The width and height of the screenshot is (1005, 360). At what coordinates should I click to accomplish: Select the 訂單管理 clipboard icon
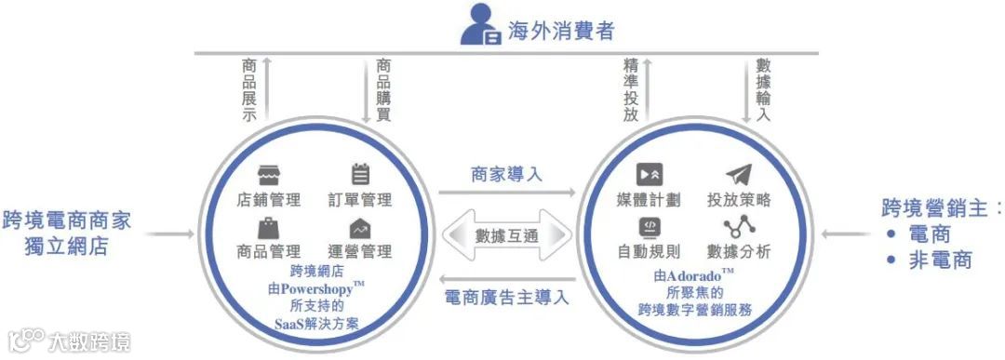(x=360, y=175)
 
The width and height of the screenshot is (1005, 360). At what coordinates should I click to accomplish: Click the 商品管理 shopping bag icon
(x=270, y=227)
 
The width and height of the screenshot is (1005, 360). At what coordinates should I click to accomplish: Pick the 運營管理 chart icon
(x=360, y=228)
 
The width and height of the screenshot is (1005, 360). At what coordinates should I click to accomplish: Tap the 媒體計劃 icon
(x=649, y=175)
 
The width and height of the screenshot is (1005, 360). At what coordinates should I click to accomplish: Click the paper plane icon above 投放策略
(x=738, y=175)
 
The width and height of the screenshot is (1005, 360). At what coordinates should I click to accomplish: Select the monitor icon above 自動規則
(x=649, y=226)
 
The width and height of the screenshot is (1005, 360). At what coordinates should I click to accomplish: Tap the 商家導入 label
(x=506, y=174)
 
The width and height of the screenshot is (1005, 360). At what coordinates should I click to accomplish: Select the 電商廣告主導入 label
(x=506, y=298)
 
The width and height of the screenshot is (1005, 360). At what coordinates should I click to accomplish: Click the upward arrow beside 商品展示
(x=266, y=88)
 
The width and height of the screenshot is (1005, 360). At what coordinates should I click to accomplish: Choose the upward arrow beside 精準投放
(x=649, y=88)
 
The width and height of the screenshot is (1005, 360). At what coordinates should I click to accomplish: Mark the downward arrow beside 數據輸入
(x=745, y=88)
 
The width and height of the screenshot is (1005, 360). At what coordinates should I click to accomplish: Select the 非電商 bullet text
(x=940, y=260)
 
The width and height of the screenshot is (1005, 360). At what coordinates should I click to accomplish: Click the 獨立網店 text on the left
(x=67, y=247)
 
